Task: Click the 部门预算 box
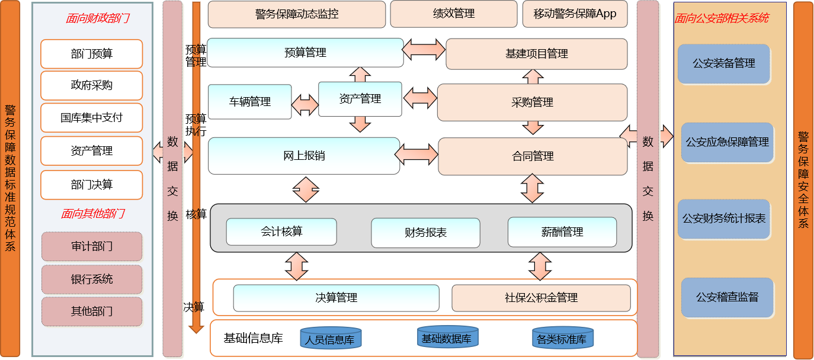coord(91,54)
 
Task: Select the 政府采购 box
coord(91,85)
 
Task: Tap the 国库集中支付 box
coord(91,117)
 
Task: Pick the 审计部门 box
coord(91,246)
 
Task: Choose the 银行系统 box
coord(91,279)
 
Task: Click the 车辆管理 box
coord(249,102)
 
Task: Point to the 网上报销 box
coord(304,156)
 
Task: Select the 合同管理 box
coord(533,156)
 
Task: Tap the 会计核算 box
coord(281,232)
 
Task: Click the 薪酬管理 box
coord(562,232)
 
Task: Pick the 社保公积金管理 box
coord(541,298)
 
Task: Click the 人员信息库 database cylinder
coord(330,338)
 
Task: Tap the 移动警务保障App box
coord(575,14)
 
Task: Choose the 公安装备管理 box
coord(724,63)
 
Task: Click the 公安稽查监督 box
coord(727,297)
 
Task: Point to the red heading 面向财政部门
coord(97,18)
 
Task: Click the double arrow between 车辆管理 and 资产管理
coord(305,105)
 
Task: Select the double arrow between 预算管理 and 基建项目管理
coord(424,49)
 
